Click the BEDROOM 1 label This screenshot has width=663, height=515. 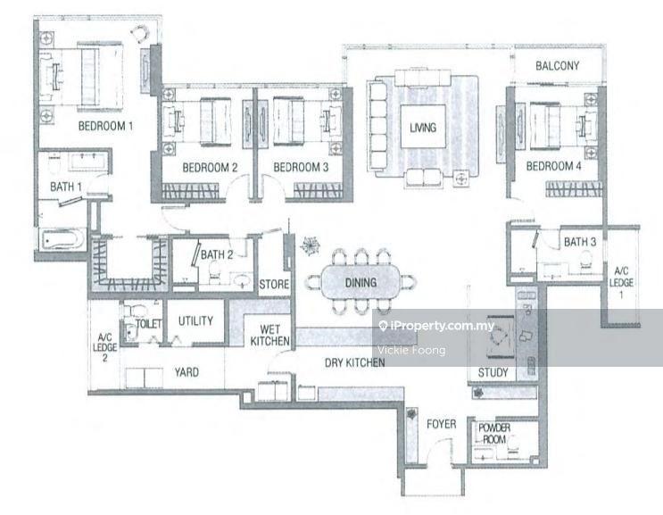pos(105,126)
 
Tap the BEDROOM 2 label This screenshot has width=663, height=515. pos(210,167)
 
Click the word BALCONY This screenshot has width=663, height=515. pos(558,65)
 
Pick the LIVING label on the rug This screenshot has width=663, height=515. pos(423,128)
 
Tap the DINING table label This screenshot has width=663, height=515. pos(361,283)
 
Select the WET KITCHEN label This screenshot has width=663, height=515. pos(266,335)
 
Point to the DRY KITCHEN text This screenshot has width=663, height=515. pos(355,363)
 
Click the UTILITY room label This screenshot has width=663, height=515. pos(194,321)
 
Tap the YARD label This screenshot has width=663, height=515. pos(186,372)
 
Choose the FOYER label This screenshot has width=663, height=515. pos(441,424)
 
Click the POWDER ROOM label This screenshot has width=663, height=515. pos(494,434)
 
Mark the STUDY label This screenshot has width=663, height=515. pos(493,372)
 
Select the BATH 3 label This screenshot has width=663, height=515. pos(579,242)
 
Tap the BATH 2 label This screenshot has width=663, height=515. pos(216,254)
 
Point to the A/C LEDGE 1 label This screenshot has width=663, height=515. pos(621,278)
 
